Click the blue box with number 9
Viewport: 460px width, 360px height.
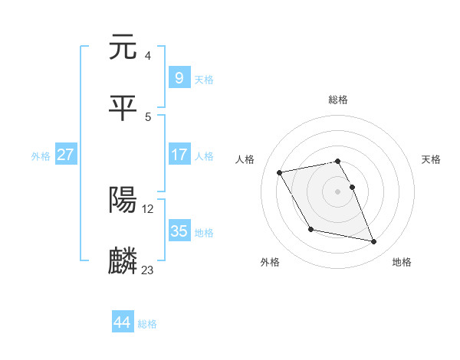pos(179,77)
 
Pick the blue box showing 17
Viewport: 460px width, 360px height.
pos(179,155)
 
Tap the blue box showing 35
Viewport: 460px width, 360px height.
pos(179,231)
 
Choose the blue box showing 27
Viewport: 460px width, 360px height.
pos(66,155)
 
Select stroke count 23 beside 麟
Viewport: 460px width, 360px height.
pos(147,270)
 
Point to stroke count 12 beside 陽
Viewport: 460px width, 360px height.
pos(147,208)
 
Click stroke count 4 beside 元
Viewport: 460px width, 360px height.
pos(147,55)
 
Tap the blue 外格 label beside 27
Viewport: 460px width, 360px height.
pos(41,155)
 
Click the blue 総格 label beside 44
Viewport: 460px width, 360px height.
pos(147,323)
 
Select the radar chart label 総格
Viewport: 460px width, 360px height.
pos(338,100)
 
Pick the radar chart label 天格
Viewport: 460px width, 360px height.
pos(432,159)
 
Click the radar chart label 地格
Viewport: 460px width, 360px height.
pos(402,262)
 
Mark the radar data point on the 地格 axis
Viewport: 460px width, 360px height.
pos(374,242)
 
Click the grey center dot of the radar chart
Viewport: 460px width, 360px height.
pos(338,191)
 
